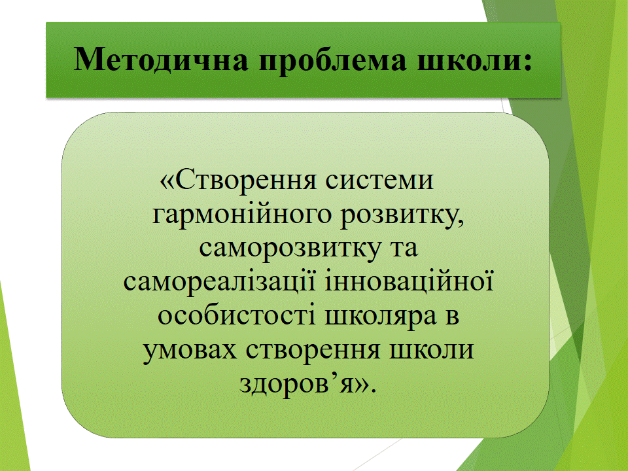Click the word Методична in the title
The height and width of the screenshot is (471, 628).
[x=161, y=60]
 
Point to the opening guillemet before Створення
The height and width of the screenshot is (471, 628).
[x=167, y=181]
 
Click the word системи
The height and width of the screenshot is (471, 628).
[x=379, y=181]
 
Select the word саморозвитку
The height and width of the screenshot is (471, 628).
[x=290, y=249]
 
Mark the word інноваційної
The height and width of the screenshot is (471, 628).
[x=409, y=281]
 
